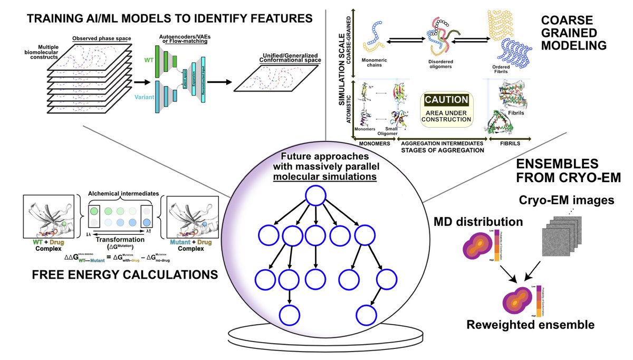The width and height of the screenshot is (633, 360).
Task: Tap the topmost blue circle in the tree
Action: tap(315, 198)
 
